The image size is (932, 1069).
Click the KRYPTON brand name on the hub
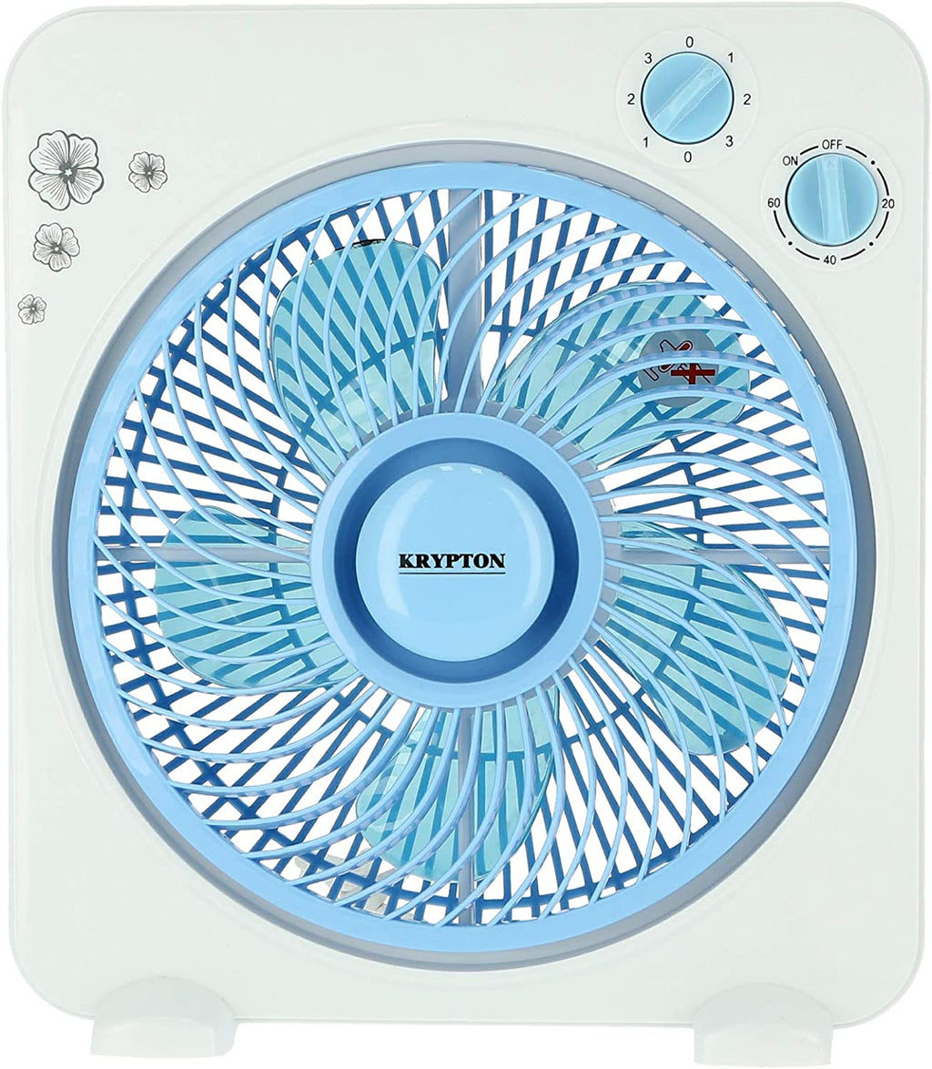coord(451,561)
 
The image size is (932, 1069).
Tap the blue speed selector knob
coord(688,99)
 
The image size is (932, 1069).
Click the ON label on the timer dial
coord(790,160)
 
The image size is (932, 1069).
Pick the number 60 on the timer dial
coord(774,202)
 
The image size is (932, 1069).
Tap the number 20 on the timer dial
coord(886,203)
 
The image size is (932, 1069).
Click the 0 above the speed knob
coord(690,42)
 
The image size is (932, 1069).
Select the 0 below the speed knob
coord(688,157)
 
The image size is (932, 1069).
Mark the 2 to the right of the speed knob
coord(746,99)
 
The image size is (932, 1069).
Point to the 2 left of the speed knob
coord(631,99)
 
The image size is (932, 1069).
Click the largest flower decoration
coord(66,168)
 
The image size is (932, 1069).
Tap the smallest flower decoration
coord(32,309)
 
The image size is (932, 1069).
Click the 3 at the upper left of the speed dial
coord(648,58)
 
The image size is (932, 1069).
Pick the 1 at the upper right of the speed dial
coord(730,58)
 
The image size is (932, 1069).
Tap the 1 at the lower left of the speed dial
coord(646,141)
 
